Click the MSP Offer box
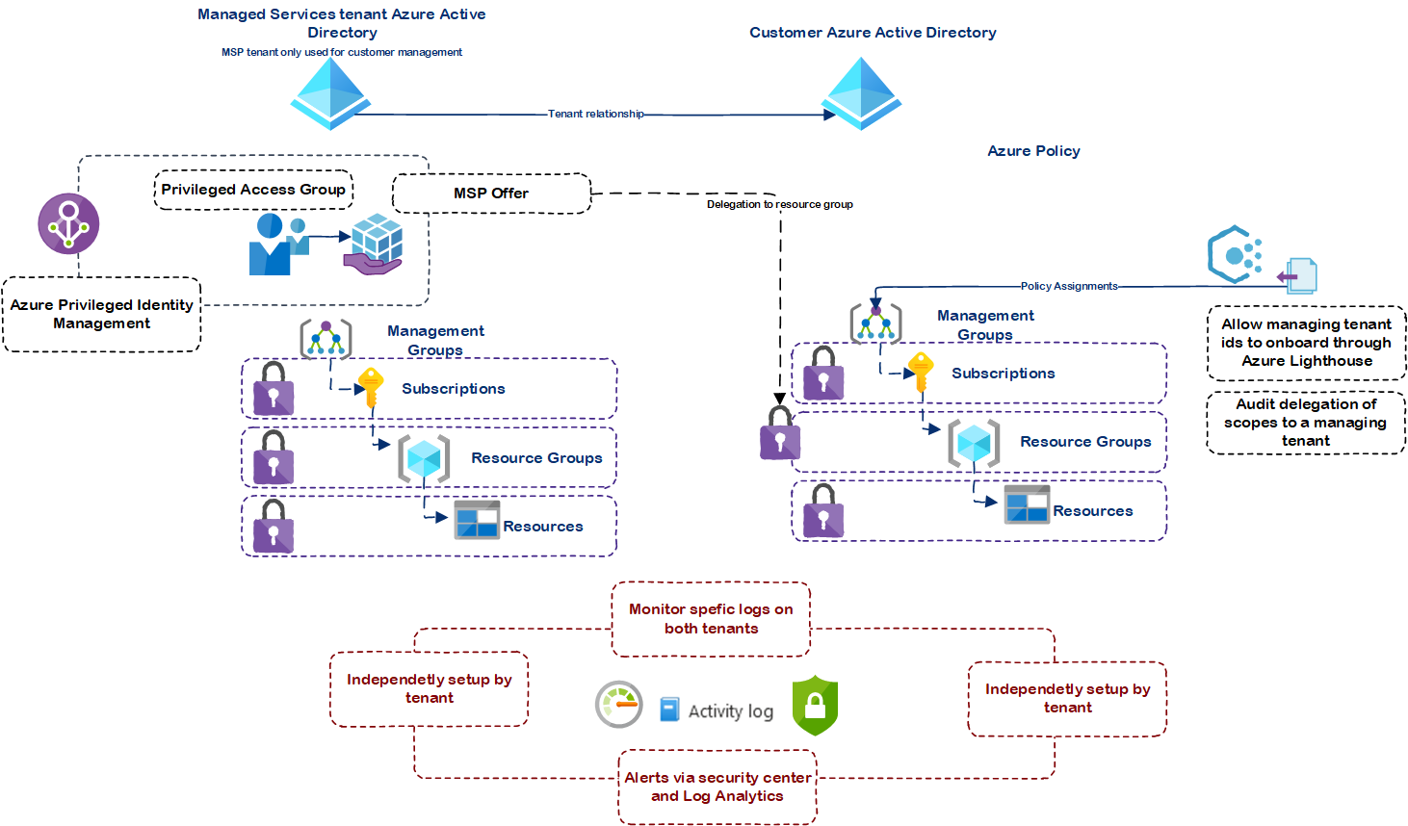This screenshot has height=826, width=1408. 491,194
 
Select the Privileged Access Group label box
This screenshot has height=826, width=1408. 253,190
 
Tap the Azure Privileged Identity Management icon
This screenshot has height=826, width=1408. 68,223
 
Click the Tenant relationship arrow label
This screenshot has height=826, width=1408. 595,114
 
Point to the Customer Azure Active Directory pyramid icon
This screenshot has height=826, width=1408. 861,93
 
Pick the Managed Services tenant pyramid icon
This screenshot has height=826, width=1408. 330,93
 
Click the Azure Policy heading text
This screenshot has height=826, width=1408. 1033,151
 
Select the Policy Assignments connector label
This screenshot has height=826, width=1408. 1069,286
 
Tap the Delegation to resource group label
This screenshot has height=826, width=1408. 779,204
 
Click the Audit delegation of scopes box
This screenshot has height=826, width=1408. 1306,423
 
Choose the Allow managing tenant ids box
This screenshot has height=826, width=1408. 1306,343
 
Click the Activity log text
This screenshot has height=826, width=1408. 730,710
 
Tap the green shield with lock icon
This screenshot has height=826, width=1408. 815,706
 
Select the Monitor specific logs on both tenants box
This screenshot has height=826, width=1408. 711,619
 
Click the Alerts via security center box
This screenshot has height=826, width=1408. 717,787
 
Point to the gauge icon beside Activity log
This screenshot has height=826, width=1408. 618,705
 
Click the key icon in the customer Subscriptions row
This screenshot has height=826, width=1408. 921,371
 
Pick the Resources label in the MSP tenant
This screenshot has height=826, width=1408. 542,527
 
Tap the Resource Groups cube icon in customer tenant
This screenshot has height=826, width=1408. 973,443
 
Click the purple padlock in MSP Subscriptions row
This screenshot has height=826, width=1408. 274,389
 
